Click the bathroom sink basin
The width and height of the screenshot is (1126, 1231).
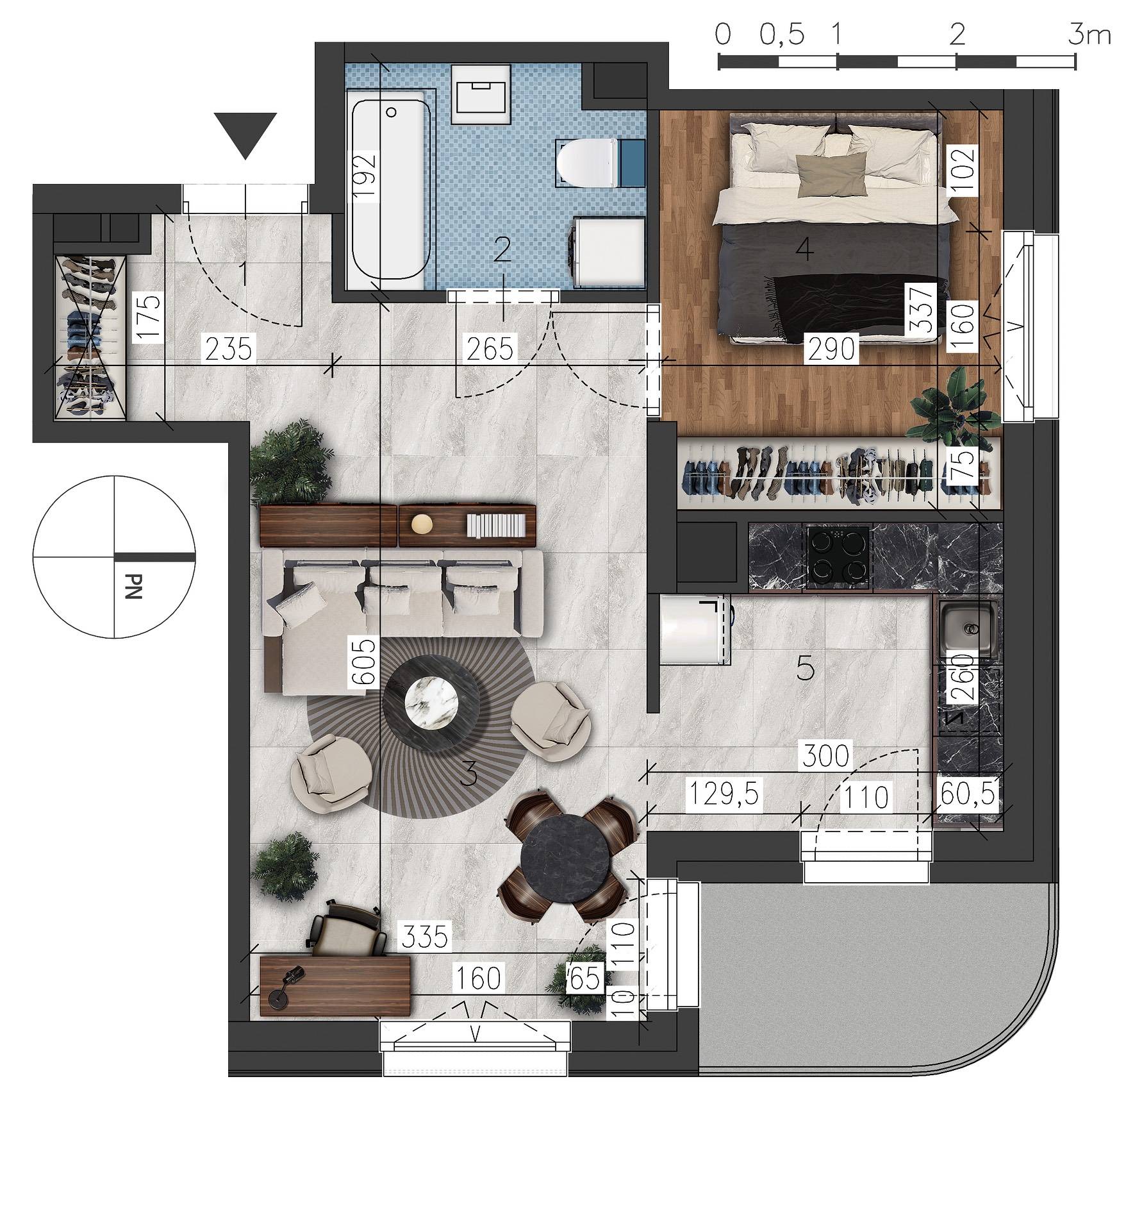tap(481, 94)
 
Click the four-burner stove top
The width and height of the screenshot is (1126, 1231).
tap(839, 557)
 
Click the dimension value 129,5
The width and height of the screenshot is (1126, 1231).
tap(723, 795)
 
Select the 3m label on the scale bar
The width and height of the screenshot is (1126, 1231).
tap(1089, 35)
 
